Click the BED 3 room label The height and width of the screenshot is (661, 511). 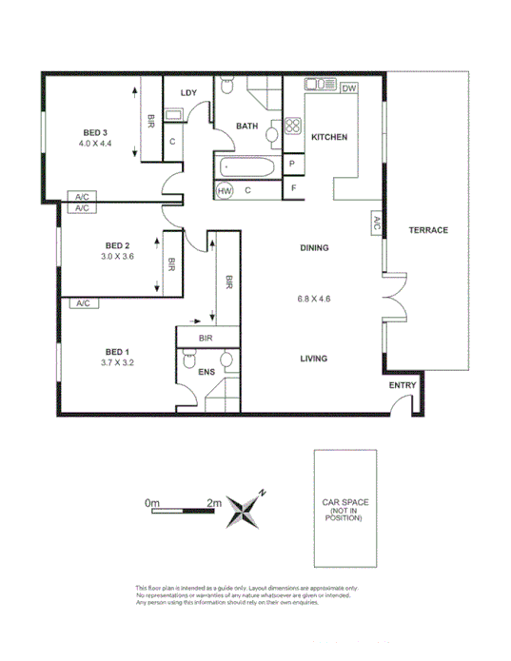click(94, 131)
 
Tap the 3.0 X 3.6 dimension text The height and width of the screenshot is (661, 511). click(117, 256)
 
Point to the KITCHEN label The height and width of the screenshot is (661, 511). click(329, 137)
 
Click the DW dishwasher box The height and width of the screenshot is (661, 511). click(348, 88)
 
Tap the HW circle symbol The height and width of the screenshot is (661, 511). click(226, 191)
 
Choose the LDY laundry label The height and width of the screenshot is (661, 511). click(188, 92)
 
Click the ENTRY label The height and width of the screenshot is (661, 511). click(403, 384)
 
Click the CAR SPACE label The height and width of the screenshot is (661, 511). click(345, 501)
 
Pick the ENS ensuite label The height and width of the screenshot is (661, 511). click(206, 373)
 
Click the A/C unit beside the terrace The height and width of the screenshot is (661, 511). click(376, 224)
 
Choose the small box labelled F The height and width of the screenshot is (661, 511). click(292, 189)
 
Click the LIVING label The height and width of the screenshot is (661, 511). click(313, 359)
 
